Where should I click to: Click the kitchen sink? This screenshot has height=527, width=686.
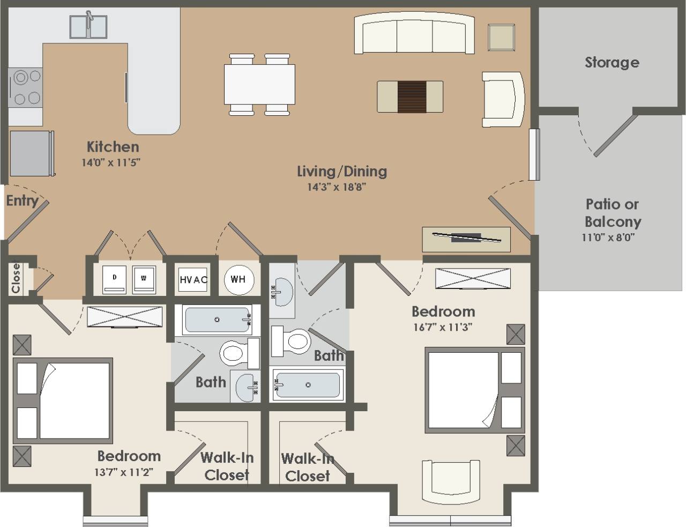click(x=88, y=26)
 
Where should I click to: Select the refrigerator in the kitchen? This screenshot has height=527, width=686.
click(x=31, y=153)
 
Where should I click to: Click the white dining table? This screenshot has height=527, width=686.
click(x=259, y=84)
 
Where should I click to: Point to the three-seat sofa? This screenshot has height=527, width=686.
click(x=414, y=34)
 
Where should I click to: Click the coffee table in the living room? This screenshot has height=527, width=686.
click(x=410, y=97)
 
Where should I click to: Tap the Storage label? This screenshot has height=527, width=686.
click(x=612, y=62)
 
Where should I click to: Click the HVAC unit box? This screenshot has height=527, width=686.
click(x=193, y=279)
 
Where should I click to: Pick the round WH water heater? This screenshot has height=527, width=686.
click(x=238, y=279)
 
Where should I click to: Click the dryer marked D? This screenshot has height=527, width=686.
click(x=115, y=279)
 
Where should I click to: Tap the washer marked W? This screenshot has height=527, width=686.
click(x=144, y=279)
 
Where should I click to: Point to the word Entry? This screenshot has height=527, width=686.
click(x=22, y=201)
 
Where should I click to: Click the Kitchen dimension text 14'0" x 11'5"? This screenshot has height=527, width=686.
click(x=111, y=162)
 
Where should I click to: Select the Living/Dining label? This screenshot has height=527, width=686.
click(x=342, y=171)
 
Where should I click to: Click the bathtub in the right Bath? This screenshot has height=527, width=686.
click(x=308, y=384)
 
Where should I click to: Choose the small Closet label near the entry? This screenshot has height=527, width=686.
click(x=16, y=277)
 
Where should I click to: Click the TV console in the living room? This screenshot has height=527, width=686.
click(x=466, y=239)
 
